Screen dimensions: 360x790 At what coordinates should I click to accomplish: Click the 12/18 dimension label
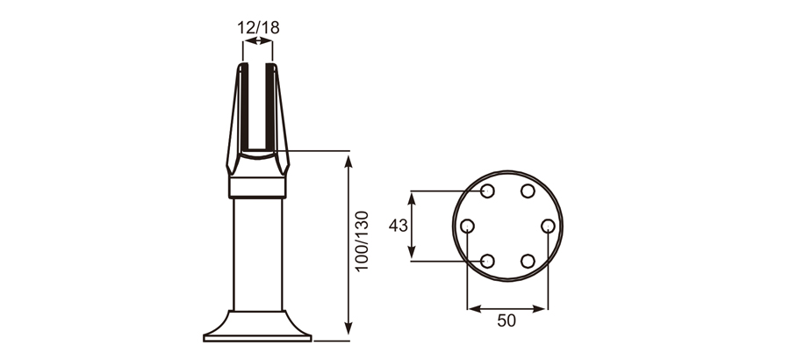coord(258,26)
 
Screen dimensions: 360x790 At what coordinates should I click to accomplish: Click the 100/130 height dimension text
coord(362,241)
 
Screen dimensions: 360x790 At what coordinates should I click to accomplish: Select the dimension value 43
coord(398,226)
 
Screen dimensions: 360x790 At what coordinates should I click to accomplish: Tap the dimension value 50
coord(506,320)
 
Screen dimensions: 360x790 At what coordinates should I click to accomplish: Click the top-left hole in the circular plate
coord(488,191)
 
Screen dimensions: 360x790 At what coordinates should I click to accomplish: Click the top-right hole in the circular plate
coord(528,191)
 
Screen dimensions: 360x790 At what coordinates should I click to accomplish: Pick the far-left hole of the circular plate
coord(468,227)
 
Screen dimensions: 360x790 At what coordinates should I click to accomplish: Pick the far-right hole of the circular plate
coord(548,227)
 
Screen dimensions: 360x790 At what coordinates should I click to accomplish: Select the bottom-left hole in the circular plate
coord(488,261)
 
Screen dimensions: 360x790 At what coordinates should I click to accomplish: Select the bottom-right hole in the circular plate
coord(528,261)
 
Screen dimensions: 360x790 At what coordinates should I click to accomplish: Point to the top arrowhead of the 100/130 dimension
coord(349,159)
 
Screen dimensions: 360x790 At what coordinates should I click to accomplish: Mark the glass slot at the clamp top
coord(258,105)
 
